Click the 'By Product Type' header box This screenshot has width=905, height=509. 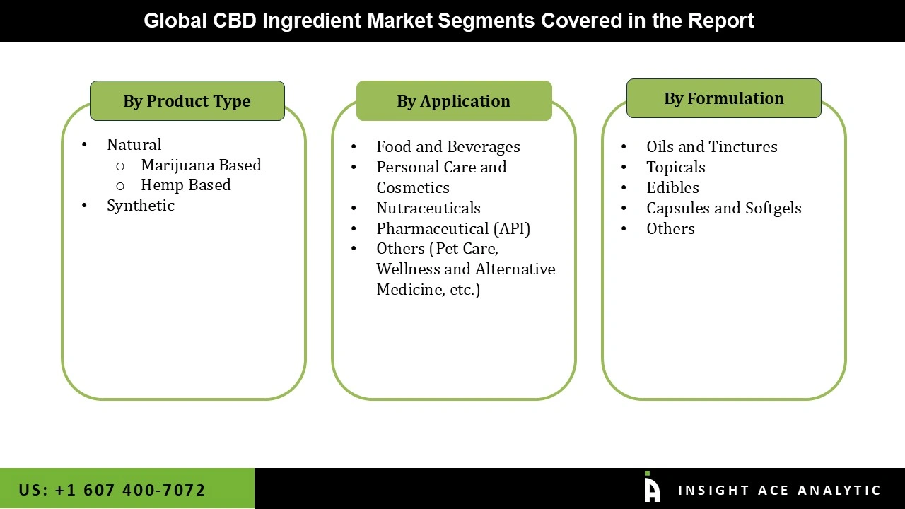[x=187, y=101]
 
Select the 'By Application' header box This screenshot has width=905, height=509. [x=453, y=101]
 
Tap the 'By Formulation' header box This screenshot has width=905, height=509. [x=723, y=98]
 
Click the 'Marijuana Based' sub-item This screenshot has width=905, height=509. [x=201, y=165]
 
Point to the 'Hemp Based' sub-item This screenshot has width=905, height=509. [x=185, y=185]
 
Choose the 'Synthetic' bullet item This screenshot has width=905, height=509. [x=140, y=205]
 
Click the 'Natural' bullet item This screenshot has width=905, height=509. [x=134, y=144]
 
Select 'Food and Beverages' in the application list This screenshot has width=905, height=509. [x=448, y=146]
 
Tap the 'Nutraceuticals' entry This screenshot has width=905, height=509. [x=428, y=208]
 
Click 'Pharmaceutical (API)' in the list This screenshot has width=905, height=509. [x=452, y=228]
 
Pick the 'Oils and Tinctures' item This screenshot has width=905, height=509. [x=711, y=146]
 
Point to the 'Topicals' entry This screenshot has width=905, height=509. [x=675, y=167]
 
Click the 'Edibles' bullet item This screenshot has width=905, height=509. [x=672, y=187]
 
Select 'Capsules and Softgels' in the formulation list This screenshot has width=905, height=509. [x=723, y=208]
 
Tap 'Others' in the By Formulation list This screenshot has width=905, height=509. [x=670, y=228]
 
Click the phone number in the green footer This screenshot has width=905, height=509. [x=112, y=490]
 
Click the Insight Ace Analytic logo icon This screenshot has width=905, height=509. [x=651, y=487]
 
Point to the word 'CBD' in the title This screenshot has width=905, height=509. [x=235, y=21]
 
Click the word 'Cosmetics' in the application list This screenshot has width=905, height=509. [x=412, y=187]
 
